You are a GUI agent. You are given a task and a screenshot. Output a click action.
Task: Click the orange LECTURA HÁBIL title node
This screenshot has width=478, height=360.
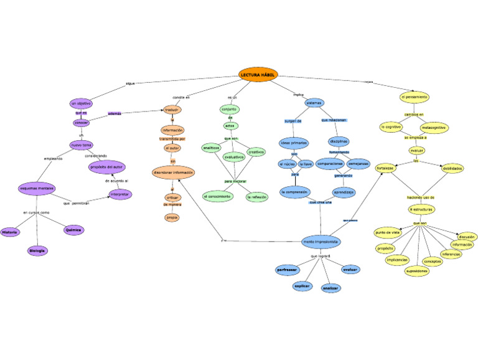click(x=257, y=74)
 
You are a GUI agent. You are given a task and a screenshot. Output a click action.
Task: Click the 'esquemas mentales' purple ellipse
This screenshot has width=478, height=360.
click(x=37, y=188)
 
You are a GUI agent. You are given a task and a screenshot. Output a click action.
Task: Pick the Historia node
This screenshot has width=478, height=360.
click(x=9, y=232)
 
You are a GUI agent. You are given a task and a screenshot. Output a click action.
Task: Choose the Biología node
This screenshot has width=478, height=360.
click(x=37, y=250)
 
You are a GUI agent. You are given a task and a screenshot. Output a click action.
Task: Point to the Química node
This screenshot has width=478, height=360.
click(x=73, y=230)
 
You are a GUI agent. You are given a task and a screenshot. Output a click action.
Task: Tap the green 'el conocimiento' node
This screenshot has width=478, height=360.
click(x=218, y=196)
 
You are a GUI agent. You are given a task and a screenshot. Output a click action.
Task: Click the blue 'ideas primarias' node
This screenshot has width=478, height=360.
click(x=294, y=143)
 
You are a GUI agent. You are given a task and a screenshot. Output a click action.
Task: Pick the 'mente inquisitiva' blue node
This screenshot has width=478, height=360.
click(x=320, y=241)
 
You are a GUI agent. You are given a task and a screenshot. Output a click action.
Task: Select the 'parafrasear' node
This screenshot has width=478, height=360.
click(x=287, y=270)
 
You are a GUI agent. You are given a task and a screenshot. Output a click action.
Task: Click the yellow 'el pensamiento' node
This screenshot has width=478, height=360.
click(x=414, y=97)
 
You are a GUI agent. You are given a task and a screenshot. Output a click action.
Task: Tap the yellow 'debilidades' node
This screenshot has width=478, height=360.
click(x=452, y=168)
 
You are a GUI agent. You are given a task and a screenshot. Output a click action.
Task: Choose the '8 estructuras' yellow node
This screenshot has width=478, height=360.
click(x=421, y=209)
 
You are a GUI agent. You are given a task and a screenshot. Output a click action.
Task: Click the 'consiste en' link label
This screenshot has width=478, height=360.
click(x=181, y=98)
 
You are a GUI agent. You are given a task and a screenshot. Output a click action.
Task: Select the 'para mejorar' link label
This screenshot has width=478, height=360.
click(x=236, y=181)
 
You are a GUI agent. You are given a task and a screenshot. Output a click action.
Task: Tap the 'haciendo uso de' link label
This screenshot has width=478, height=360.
click(x=421, y=197)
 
